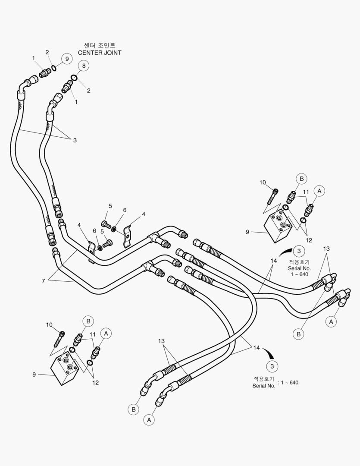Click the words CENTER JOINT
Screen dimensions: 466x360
coord(99,53)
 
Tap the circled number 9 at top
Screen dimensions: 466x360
coord(66,59)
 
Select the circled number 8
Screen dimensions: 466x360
coord(84,66)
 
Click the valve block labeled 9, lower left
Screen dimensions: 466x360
coord(66,368)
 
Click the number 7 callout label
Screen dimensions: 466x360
coord(43,281)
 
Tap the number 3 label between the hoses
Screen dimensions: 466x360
coord(75,140)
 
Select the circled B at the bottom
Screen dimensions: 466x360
coord(134,409)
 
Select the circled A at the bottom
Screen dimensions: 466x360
coord(150,419)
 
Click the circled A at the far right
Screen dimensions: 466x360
coord(331,321)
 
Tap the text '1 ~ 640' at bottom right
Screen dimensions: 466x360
coord(288,382)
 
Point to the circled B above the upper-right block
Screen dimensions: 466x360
coord(301,178)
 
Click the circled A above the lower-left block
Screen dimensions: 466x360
coord(106,333)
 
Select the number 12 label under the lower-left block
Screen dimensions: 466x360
coord(95,382)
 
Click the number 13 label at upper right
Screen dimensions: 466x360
coord(326,249)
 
